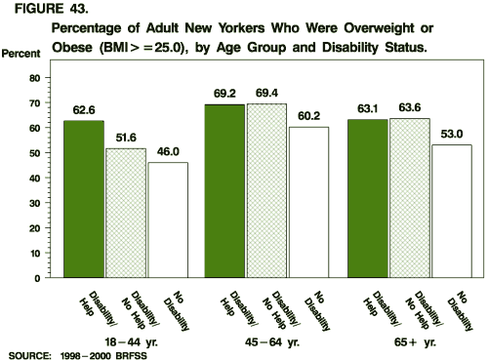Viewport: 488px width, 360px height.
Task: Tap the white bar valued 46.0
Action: click(x=168, y=220)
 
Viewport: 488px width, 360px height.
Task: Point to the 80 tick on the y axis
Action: click(x=32, y=77)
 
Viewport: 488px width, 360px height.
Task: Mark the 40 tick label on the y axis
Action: click(x=32, y=178)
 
